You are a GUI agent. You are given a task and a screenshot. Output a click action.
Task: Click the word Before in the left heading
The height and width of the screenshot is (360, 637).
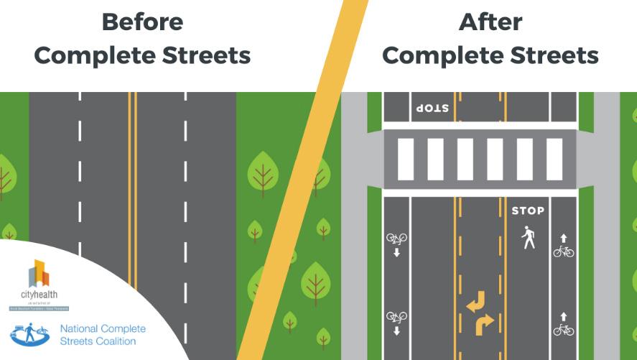pos(142,22)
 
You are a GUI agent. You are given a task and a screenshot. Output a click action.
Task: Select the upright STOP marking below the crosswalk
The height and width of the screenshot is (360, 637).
pos(528,211)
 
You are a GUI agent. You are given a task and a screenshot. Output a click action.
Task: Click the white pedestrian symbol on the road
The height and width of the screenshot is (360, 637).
pos(529,237)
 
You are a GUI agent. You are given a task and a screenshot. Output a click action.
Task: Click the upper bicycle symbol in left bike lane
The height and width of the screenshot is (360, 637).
pos(396,238)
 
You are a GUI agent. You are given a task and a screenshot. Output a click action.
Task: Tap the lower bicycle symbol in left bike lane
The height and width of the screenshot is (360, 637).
pos(396,315)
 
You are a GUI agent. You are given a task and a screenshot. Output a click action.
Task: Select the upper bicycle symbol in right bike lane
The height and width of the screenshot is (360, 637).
pos(564,251)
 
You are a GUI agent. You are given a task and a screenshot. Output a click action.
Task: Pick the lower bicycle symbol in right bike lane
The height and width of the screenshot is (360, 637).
pos(564,330)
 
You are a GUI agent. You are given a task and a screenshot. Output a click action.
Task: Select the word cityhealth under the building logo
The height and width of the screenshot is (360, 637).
pos(39,295)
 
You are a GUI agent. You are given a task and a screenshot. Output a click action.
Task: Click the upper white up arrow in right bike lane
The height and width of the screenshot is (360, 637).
pos(564,237)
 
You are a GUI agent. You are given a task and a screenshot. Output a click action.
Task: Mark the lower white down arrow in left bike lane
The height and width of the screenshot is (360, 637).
pos(396,331)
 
